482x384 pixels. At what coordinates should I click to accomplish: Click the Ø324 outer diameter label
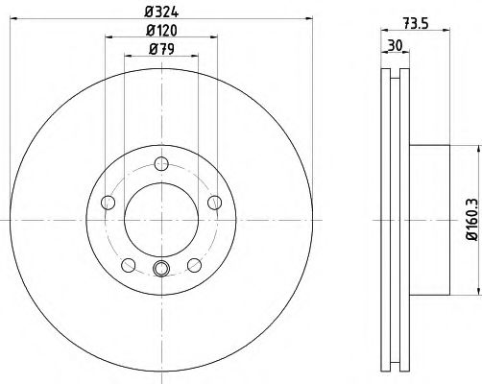(160, 11)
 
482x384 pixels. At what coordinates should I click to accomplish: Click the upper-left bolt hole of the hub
(108, 202)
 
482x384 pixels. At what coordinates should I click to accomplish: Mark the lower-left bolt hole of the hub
(128, 265)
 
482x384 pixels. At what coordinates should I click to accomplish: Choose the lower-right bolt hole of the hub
(194, 265)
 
